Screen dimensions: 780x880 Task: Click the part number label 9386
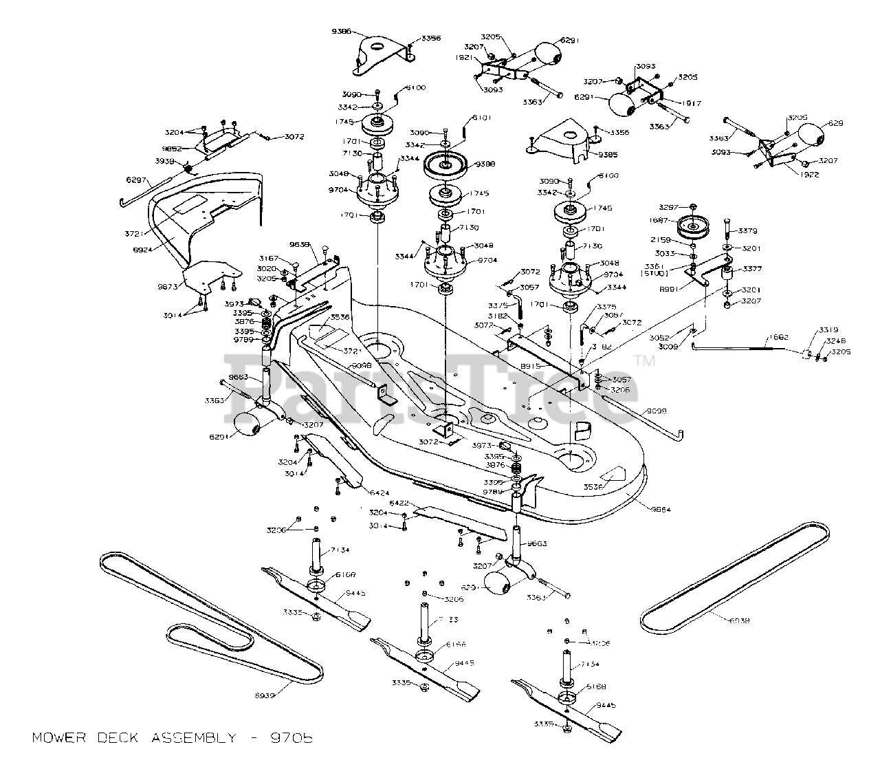click(341, 32)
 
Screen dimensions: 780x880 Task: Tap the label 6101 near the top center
click(483, 118)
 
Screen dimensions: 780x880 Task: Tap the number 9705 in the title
click(291, 738)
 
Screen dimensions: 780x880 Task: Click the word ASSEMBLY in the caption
click(188, 738)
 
